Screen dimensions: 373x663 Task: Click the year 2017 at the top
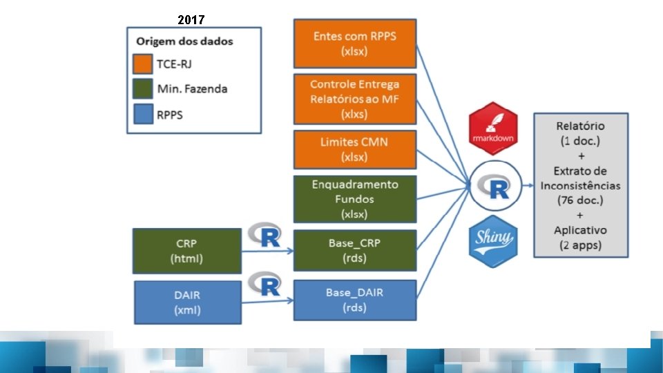(x=191, y=20)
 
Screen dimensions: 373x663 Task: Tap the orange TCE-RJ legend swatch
(x=144, y=64)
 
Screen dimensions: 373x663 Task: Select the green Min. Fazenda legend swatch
(x=144, y=88)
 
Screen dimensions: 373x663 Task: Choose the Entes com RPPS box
(x=355, y=43)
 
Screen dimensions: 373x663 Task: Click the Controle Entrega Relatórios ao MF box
(x=355, y=99)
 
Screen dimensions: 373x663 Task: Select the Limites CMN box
(x=355, y=149)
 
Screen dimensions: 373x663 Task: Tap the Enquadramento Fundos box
(x=355, y=199)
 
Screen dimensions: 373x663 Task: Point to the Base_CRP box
(x=355, y=251)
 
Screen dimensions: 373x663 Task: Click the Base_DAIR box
(x=355, y=300)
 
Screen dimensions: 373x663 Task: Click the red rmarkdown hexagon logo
(x=492, y=128)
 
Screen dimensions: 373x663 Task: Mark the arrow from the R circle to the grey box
(x=526, y=185)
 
